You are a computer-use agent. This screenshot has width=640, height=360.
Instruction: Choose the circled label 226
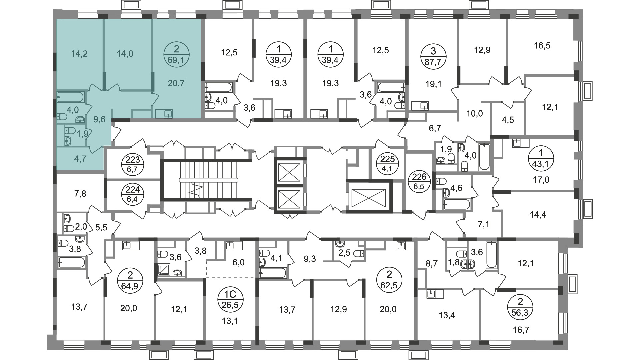point(419,182)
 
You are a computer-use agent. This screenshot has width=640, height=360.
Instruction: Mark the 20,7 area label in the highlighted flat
point(176,83)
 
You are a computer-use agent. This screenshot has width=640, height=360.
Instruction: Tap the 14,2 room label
point(79,53)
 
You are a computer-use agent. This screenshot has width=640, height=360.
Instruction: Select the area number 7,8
point(79,194)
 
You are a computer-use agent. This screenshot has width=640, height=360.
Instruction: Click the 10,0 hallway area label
point(475,114)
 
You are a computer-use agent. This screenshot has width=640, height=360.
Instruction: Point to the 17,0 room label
point(541,180)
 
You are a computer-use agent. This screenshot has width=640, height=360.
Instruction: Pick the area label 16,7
point(521,330)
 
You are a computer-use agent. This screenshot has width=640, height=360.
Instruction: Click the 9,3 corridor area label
point(310,259)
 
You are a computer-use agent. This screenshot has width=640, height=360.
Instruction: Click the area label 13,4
point(447,315)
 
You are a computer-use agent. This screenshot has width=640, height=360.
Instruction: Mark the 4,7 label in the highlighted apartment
point(80,159)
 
